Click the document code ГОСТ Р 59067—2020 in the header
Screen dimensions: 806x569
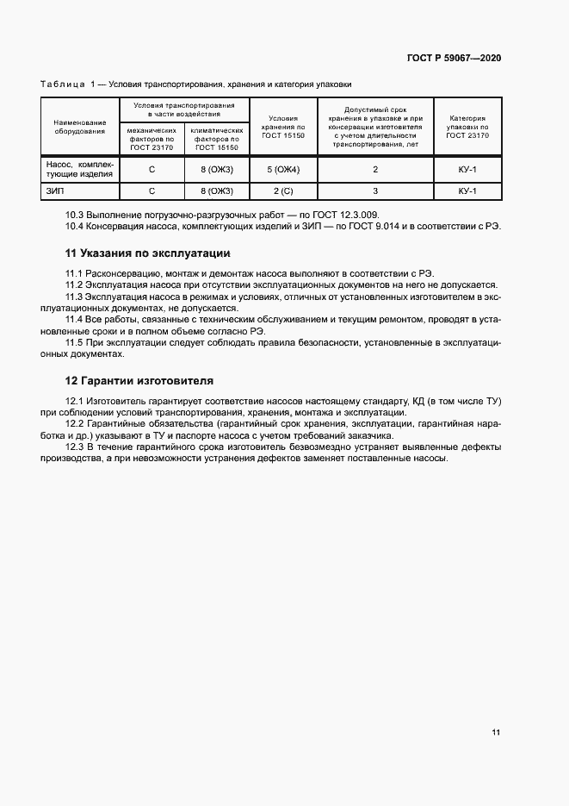(454, 58)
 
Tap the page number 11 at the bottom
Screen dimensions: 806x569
(496, 732)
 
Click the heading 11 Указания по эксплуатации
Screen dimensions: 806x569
(148, 253)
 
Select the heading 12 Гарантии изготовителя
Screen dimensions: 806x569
(140, 380)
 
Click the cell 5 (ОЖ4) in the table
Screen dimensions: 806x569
(282, 169)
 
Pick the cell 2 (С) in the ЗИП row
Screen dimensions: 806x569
(282, 191)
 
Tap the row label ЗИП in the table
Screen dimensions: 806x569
(54, 191)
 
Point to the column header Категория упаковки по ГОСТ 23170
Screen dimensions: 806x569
(467, 127)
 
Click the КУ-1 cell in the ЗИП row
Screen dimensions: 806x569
(467, 191)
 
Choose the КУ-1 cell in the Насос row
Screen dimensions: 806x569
(467, 169)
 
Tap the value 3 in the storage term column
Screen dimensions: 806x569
(375, 191)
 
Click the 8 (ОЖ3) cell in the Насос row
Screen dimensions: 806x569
(217, 169)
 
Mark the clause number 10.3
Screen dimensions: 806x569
(76, 215)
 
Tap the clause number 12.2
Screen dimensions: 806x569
(76, 423)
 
